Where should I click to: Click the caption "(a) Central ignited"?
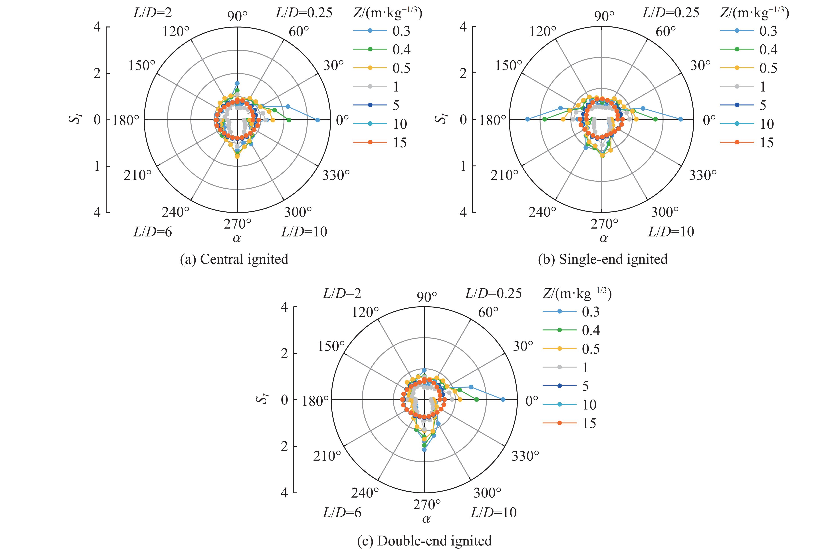[234, 259]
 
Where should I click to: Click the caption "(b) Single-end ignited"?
[603, 259]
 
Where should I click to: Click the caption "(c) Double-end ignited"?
[424, 540]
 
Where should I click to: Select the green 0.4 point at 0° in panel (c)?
[477, 400]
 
